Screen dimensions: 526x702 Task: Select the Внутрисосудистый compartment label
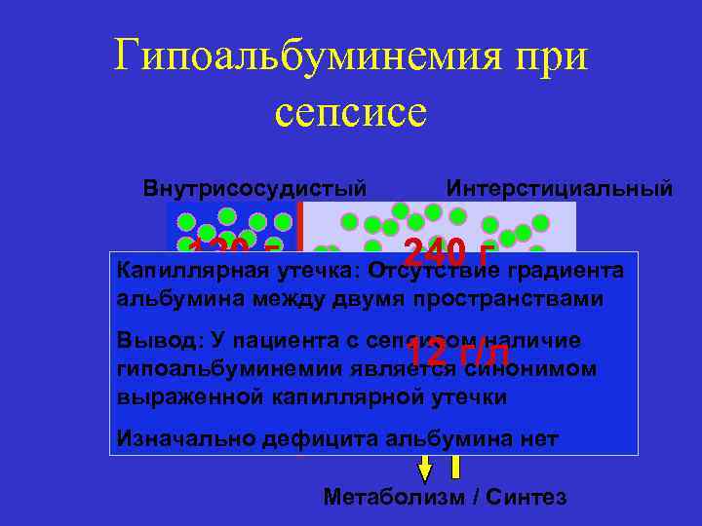tap(255, 187)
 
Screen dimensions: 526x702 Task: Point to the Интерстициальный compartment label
tap(559, 187)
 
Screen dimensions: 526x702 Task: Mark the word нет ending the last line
tap(538, 438)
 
